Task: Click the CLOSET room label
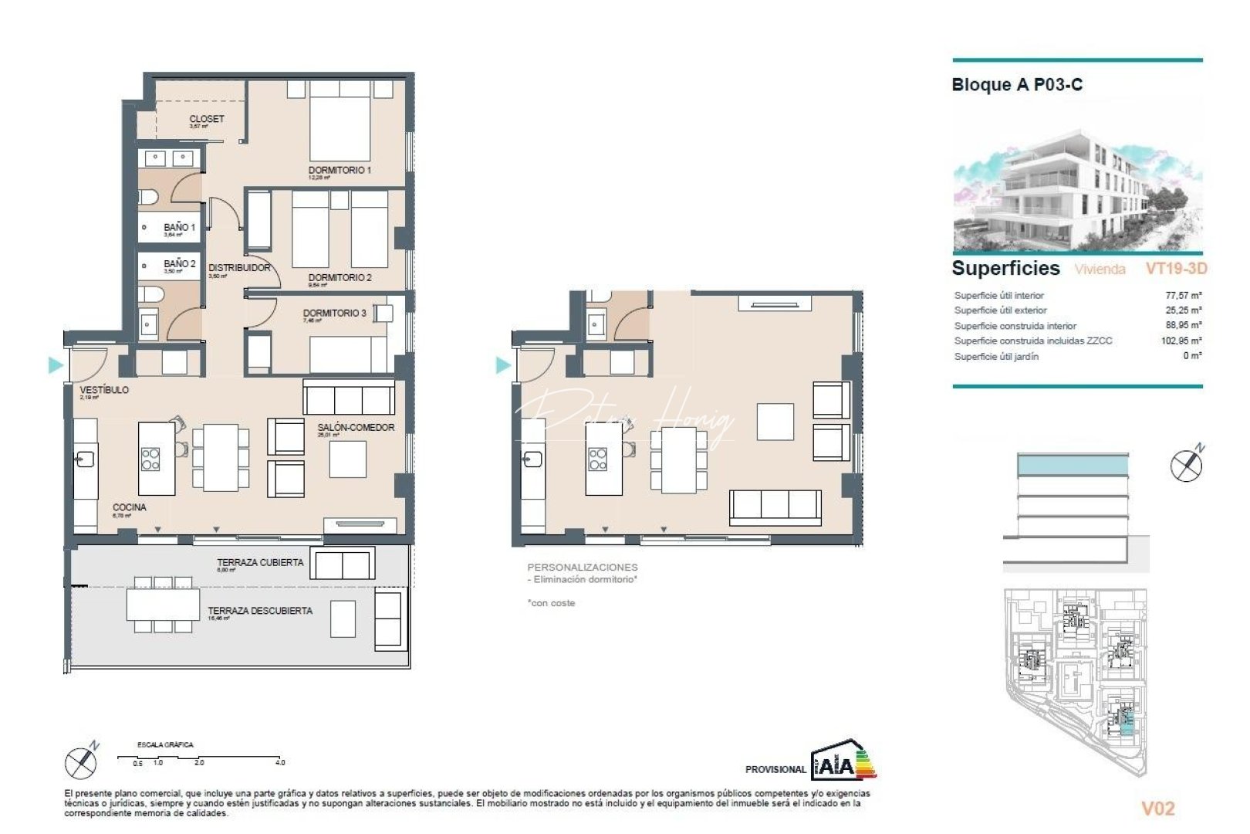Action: pyautogui.click(x=207, y=119)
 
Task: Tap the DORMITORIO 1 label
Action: pyautogui.click(x=340, y=170)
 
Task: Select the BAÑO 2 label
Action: pyautogui.click(x=180, y=264)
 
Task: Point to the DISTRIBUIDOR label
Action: pyautogui.click(x=239, y=268)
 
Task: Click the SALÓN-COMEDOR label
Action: pyautogui.click(x=356, y=427)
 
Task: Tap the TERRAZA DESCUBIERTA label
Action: pyautogui.click(x=260, y=611)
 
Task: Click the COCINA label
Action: pyautogui.click(x=130, y=507)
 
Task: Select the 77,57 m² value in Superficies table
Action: pyautogui.click(x=1183, y=295)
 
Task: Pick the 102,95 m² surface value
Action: pyautogui.click(x=1181, y=341)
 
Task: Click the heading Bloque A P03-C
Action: pyautogui.click(x=1016, y=85)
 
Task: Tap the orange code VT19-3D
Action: pyautogui.click(x=1176, y=269)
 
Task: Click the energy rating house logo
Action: pyautogui.click(x=843, y=760)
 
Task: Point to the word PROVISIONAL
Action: pyautogui.click(x=775, y=769)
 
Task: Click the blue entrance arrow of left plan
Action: pyautogui.click(x=55, y=365)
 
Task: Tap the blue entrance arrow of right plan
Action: pyautogui.click(x=502, y=365)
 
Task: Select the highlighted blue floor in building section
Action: pyautogui.click(x=1073, y=465)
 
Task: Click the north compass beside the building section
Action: pyautogui.click(x=1186, y=464)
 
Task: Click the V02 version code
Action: pyautogui.click(x=1157, y=809)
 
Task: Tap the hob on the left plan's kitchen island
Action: pyautogui.click(x=150, y=459)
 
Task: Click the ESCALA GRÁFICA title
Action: pyautogui.click(x=165, y=745)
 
